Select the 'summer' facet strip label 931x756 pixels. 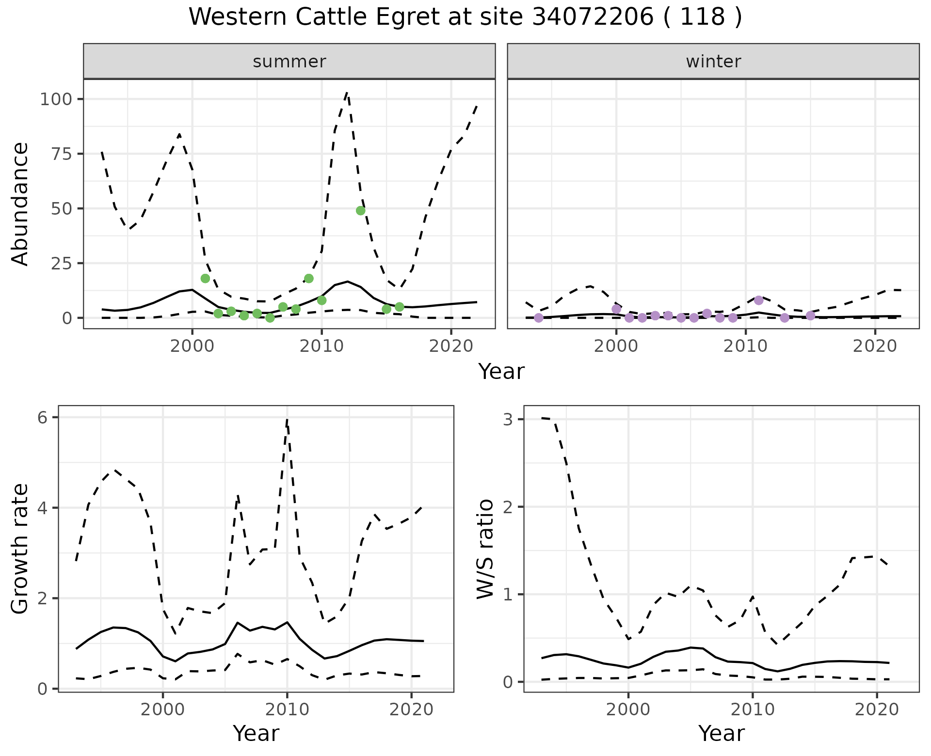[289, 62]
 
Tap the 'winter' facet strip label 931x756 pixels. [713, 62]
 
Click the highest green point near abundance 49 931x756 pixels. [360, 210]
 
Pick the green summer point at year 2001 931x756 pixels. [205, 278]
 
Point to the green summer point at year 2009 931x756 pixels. [309, 278]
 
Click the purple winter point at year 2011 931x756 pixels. [759, 300]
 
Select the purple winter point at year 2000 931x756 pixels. [616, 309]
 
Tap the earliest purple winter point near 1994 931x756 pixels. [539, 317]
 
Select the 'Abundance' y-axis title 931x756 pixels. [20, 204]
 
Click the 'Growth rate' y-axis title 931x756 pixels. [20, 549]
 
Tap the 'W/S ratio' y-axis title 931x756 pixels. [485, 549]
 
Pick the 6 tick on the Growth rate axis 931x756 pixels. [42, 418]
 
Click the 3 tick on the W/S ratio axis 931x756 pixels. [508, 420]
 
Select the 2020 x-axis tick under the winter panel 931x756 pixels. [875, 346]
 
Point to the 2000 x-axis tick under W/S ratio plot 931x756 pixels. [628, 710]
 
